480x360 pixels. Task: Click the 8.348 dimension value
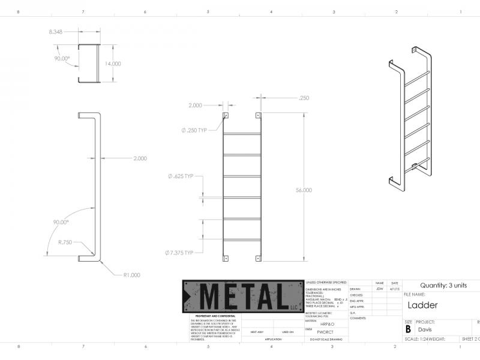click(55, 31)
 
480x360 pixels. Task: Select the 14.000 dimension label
click(112, 64)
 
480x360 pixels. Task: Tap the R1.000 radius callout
click(131, 275)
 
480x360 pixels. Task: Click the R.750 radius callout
click(65, 242)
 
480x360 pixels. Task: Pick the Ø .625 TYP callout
click(181, 176)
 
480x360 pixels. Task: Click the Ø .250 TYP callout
click(194, 130)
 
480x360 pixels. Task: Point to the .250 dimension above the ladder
click(304, 98)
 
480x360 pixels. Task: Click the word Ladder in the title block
click(422, 305)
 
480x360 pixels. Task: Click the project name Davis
click(425, 329)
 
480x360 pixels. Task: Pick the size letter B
click(409, 329)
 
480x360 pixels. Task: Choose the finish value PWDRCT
click(325, 331)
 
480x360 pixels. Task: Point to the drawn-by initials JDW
click(379, 289)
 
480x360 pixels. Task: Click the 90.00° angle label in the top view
click(62, 58)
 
